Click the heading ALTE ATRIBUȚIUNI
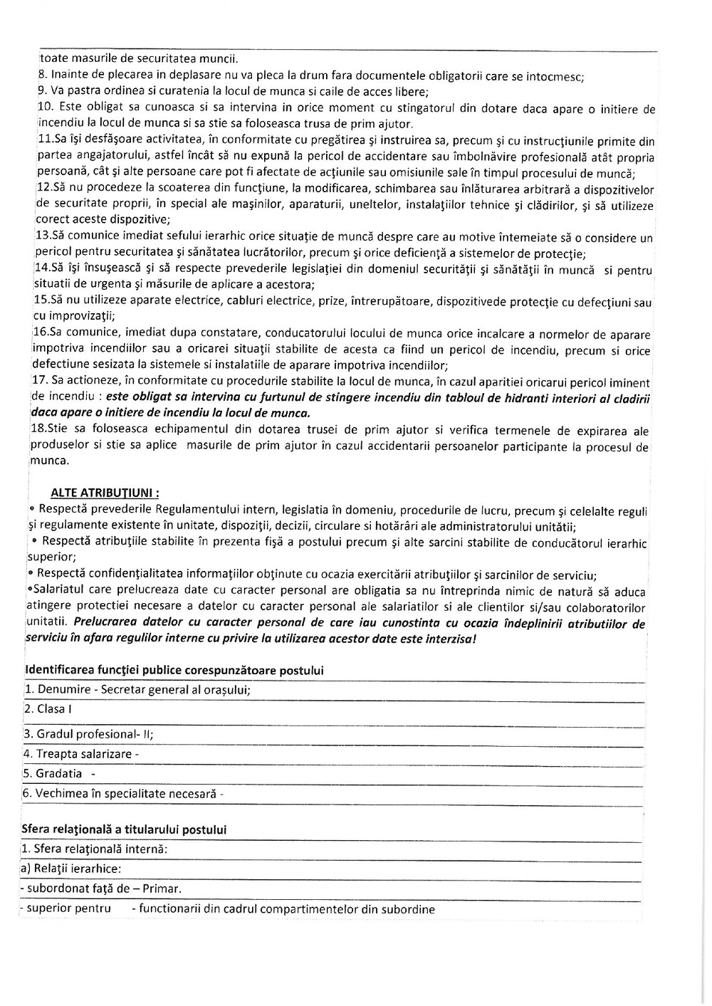(x=105, y=492)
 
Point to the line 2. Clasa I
(x=48, y=709)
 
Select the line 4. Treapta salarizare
(x=80, y=754)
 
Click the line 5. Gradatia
(x=59, y=774)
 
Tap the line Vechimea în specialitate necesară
(x=122, y=794)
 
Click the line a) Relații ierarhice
(x=70, y=869)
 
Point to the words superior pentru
(x=68, y=908)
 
